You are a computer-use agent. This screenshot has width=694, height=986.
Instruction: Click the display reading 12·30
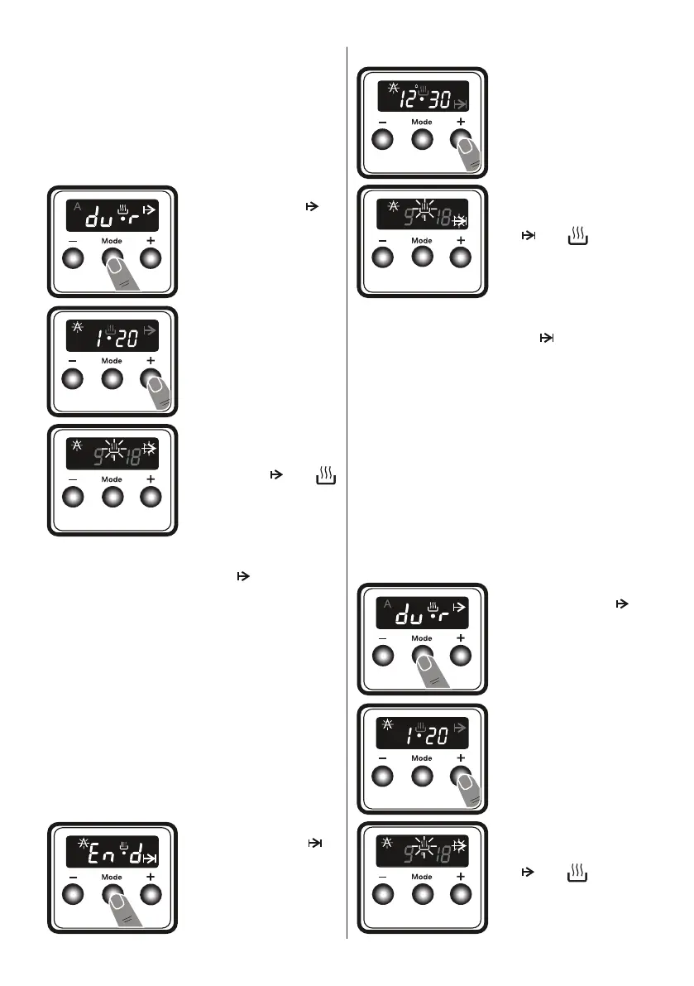coord(423,98)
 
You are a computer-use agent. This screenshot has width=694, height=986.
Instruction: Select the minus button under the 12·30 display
coord(383,140)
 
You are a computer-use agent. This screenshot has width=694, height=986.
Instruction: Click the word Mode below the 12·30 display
coord(422,122)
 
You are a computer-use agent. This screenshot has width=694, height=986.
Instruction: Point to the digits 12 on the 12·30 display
coord(409,100)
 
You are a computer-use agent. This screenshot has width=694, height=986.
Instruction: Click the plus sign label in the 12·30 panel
coord(460,121)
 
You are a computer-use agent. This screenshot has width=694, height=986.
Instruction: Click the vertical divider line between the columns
coord(346,497)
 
